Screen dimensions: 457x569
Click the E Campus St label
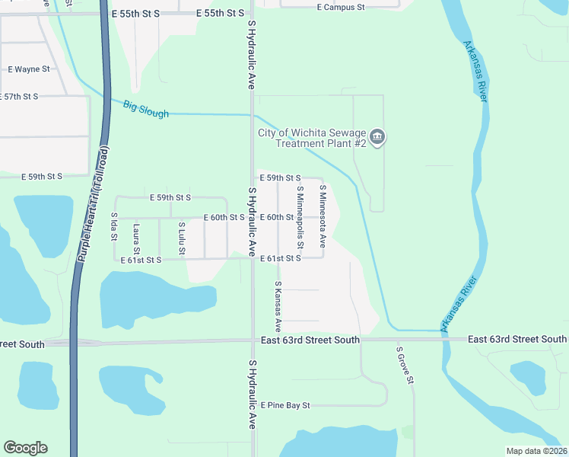tap(341, 7)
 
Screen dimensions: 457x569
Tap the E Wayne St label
tap(28, 69)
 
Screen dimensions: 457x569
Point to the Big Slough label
tap(145, 108)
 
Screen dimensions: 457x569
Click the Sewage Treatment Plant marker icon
tap(379, 138)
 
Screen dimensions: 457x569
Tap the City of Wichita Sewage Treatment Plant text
tap(312, 138)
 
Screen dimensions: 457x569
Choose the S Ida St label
tap(113, 226)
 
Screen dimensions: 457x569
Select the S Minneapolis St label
tap(300, 212)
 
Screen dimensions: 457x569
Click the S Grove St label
tap(405, 365)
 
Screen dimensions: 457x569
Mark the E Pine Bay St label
tap(285, 405)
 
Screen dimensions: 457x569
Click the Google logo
tap(25, 448)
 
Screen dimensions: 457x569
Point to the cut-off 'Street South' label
tap(22, 344)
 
